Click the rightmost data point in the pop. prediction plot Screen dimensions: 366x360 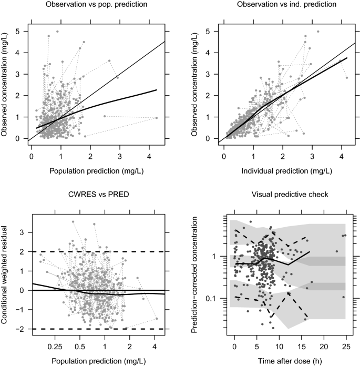tap(157, 118)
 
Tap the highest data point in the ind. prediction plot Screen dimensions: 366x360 tap(318, 32)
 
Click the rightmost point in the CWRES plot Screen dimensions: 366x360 tap(157, 319)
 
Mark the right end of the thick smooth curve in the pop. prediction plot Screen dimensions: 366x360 tap(157, 90)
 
